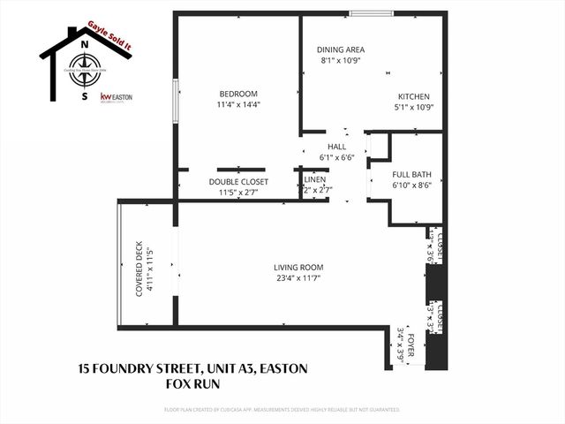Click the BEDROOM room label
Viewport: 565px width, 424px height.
[238, 94]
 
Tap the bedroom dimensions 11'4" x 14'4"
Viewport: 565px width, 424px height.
[238, 104]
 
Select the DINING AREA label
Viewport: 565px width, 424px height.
[340, 49]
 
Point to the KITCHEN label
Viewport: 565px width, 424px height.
[413, 96]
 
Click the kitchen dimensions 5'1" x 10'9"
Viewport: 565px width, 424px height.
[413, 107]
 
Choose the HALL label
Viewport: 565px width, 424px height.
[336, 147]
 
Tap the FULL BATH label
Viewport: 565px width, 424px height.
[411, 174]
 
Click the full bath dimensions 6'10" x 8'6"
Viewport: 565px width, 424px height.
[411, 185]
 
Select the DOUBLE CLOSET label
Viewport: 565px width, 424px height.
[238, 181]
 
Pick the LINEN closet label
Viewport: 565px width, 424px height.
[315, 179]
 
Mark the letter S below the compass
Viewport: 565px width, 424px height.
[84, 97]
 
